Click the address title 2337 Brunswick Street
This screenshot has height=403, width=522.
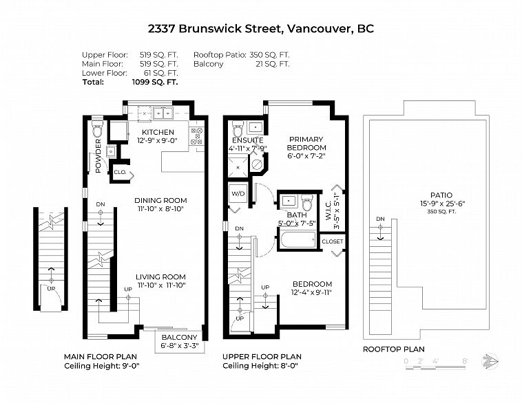click(216, 29)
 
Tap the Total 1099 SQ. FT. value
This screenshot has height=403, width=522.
click(155, 82)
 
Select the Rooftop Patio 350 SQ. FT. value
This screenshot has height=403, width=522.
click(270, 55)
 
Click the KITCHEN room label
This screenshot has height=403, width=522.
click(158, 132)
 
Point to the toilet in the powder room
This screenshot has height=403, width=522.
click(97, 130)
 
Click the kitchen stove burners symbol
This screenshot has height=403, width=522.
click(197, 136)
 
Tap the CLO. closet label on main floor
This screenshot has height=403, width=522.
click(120, 172)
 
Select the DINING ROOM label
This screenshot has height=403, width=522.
click(160, 201)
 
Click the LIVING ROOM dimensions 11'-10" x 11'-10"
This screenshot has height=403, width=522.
click(161, 285)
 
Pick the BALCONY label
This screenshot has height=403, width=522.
click(180, 337)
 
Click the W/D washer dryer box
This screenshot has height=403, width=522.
click(238, 194)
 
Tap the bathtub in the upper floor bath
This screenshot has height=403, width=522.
click(298, 240)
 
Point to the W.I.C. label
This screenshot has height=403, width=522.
click(328, 210)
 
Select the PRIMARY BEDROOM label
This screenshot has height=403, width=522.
click(306, 143)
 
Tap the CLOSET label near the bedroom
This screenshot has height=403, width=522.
click(332, 241)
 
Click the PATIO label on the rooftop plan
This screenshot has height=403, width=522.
click(441, 195)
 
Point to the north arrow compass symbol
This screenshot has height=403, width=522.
click(490, 361)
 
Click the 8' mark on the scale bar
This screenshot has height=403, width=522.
click(465, 361)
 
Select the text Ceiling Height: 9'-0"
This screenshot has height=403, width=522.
click(102, 366)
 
